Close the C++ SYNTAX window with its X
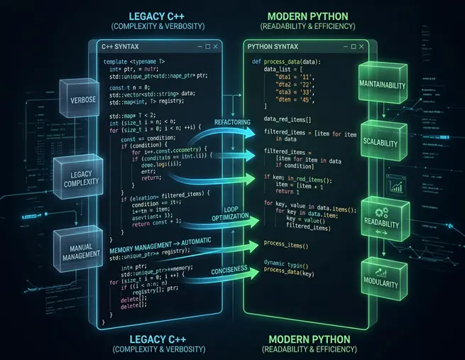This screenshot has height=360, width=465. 215,47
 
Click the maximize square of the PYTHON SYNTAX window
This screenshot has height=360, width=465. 349,47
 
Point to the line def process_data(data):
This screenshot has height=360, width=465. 286,62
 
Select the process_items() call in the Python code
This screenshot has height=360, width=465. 286,244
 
